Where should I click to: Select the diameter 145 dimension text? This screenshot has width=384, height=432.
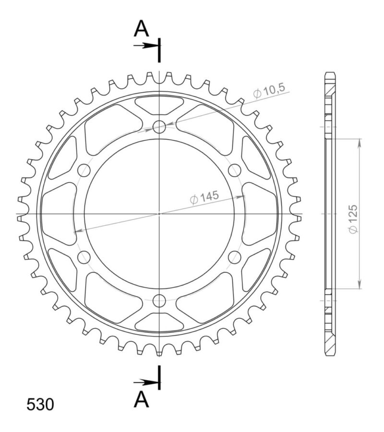click(x=204, y=197)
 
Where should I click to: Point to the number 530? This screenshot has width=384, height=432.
click(x=40, y=405)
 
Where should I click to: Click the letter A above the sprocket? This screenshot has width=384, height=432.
click(x=141, y=29)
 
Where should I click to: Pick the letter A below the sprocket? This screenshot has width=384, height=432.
click(x=141, y=399)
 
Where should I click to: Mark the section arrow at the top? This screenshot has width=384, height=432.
click(x=146, y=46)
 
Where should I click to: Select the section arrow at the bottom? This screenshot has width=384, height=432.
click(x=146, y=382)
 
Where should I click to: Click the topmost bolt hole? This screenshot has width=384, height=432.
click(x=159, y=127)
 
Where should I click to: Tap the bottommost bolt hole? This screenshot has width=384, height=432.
click(x=159, y=300)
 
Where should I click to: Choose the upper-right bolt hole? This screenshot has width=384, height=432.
click(x=235, y=170)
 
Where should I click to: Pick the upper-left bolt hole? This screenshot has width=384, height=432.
click(x=84, y=170)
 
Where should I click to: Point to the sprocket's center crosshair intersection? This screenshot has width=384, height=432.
click(x=159, y=214)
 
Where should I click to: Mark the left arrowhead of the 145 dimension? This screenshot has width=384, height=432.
click(x=77, y=231)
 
